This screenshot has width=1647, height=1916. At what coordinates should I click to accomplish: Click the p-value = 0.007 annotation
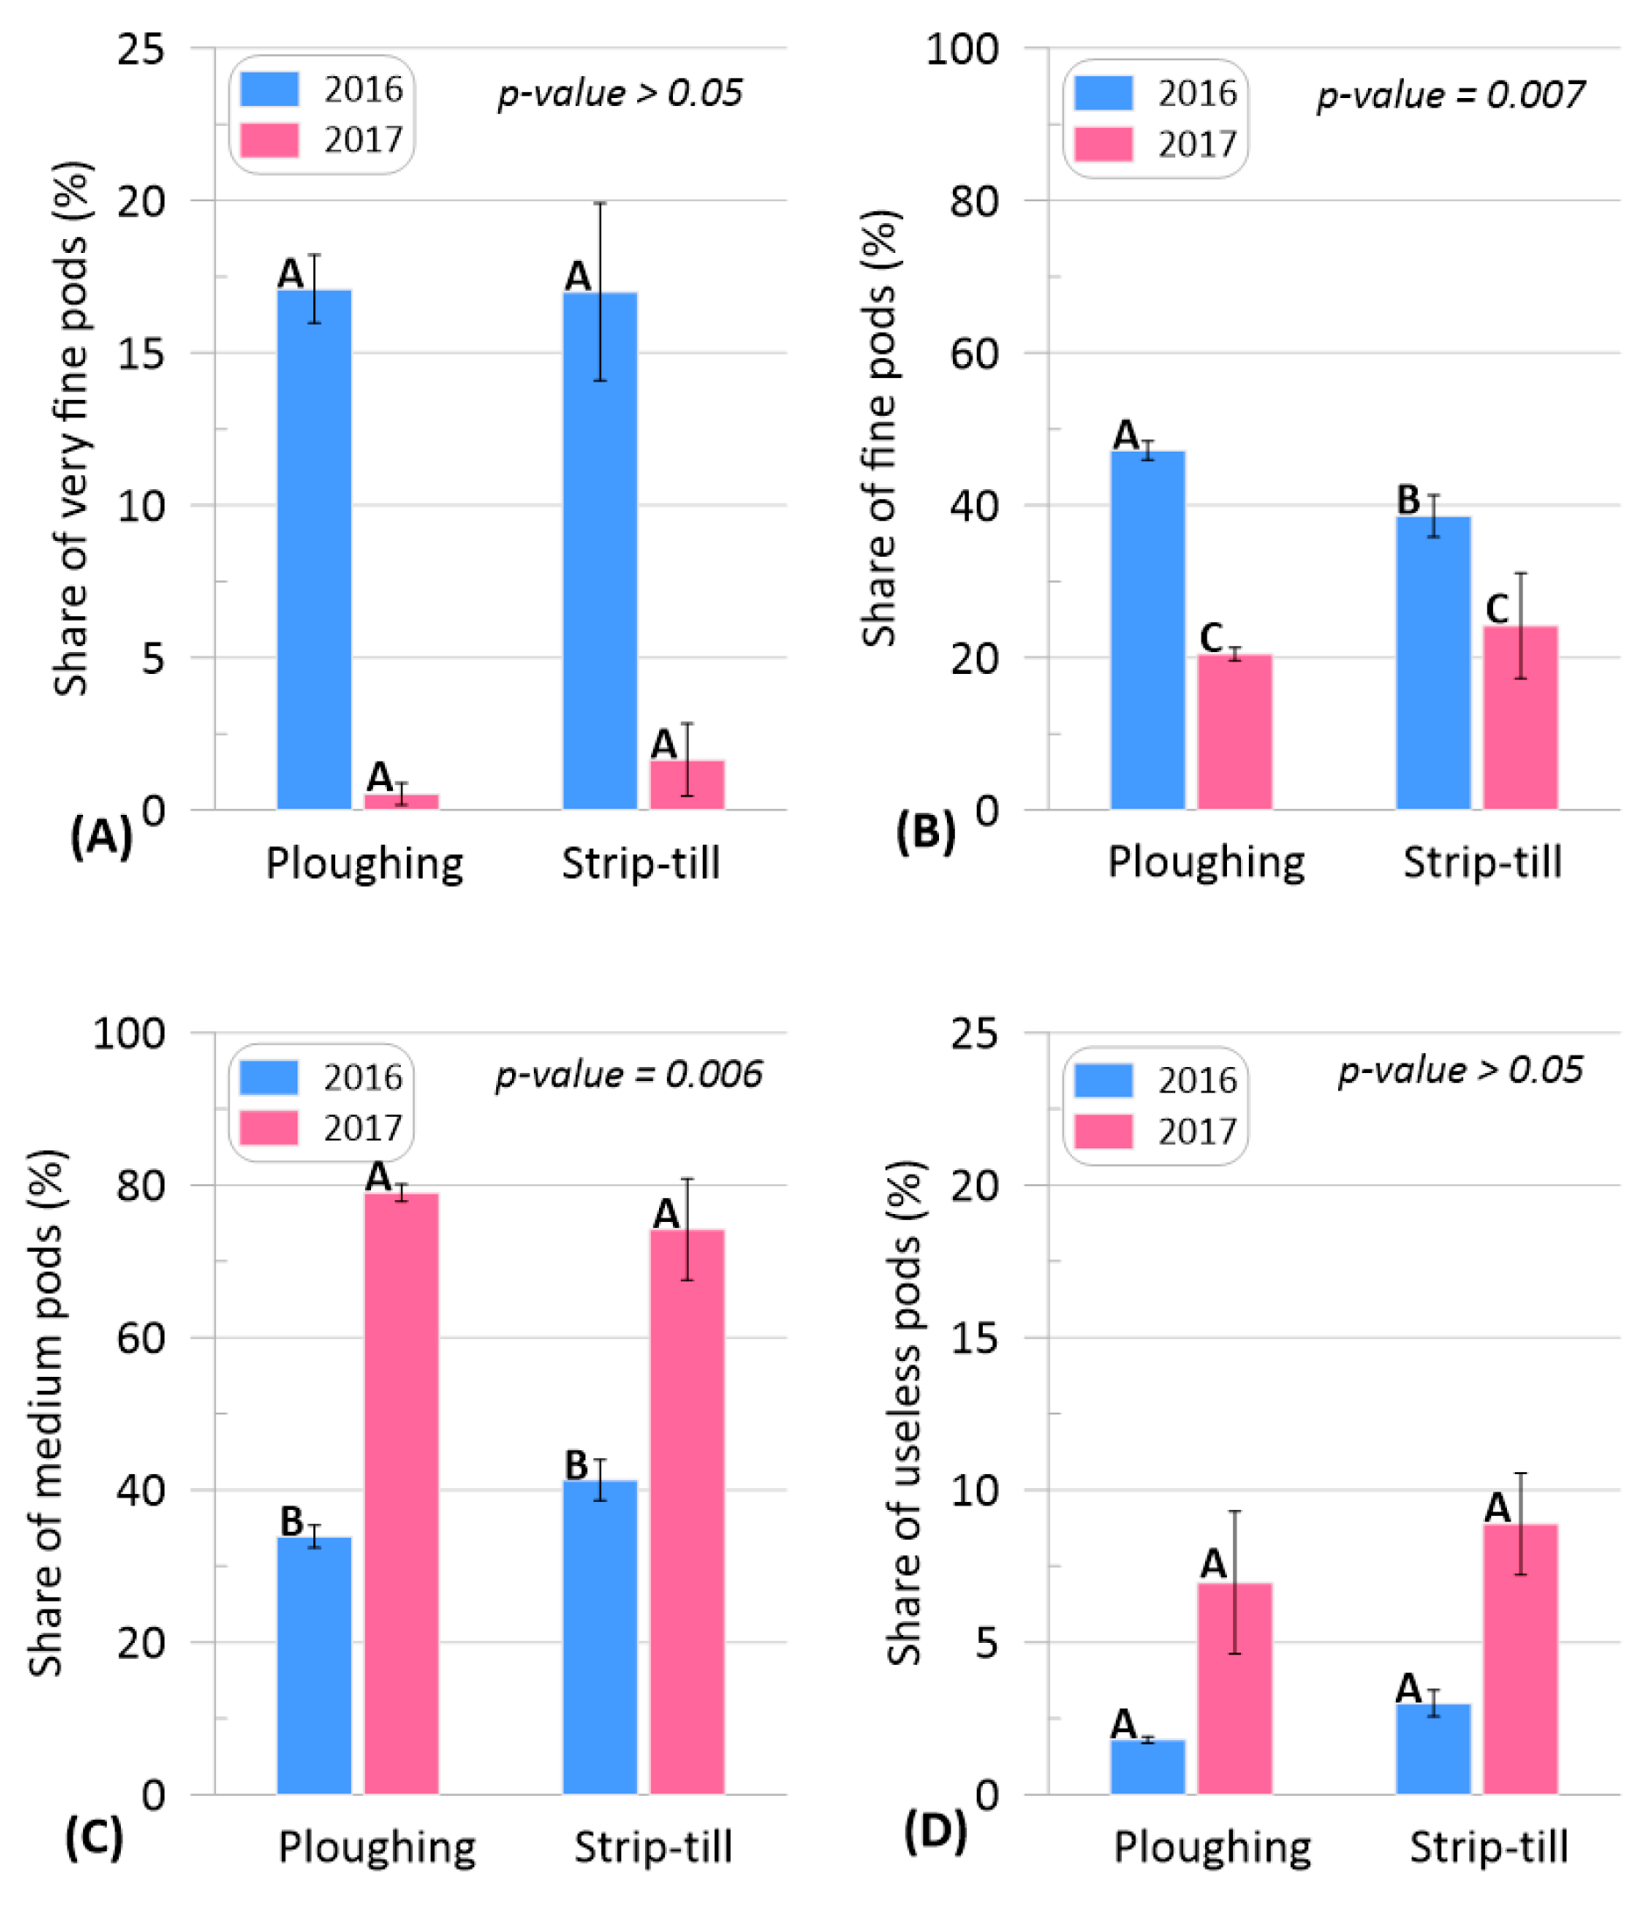1450,95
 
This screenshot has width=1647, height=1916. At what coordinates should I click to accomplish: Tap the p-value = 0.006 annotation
629,1075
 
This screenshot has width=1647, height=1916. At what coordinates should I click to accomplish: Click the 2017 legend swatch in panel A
270,141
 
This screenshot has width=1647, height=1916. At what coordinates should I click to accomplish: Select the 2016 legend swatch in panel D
1104,1080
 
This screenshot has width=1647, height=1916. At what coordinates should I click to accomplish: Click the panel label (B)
925,832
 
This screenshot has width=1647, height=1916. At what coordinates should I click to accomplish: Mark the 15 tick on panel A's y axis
141,354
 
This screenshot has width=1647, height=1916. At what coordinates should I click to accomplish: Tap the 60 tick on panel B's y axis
974,354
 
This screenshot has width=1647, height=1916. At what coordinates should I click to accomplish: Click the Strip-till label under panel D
1488,1848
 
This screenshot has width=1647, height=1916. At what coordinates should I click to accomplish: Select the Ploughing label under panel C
377,1848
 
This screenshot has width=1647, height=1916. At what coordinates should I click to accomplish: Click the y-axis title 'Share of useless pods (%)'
904,1414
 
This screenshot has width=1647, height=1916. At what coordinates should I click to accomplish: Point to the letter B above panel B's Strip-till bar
1407,501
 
